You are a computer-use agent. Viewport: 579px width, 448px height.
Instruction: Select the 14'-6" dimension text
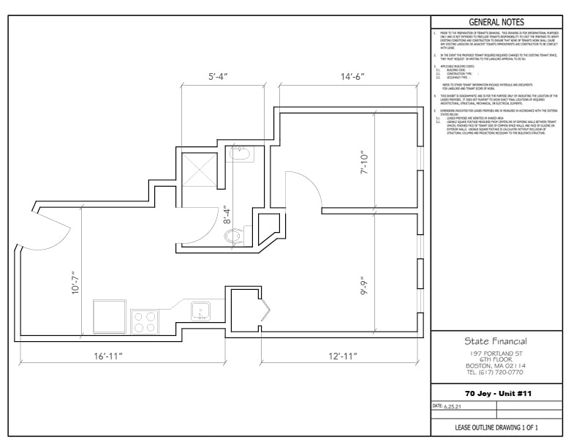(x=352, y=75)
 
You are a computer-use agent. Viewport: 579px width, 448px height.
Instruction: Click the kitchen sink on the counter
(x=201, y=312)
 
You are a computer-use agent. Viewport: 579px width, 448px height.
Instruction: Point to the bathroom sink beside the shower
(x=239, y=154)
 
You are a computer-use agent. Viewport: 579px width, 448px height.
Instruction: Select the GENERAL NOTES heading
(x=496, y=23)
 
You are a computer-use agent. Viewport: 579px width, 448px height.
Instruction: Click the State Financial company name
(x=496, y=341)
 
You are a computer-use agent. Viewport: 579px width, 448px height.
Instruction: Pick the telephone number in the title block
(x=496, y=372)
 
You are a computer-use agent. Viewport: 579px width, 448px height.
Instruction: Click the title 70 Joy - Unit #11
(x=496, y=393)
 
